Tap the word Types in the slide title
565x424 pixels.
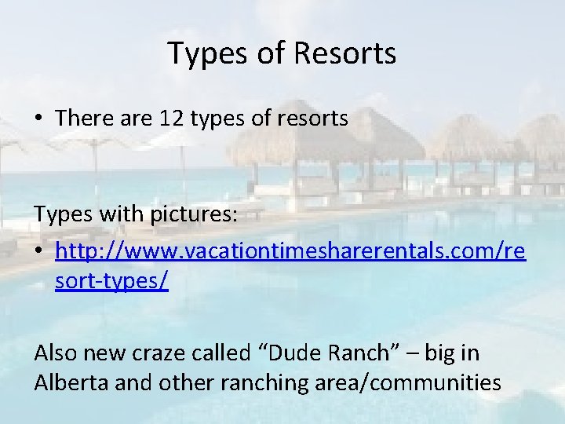click(206, 53)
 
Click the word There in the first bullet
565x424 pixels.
click(82, 118)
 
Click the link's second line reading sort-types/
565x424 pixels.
click(111, 280)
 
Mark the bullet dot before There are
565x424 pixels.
click(39, 119)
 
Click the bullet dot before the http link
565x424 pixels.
click(39, 253)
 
